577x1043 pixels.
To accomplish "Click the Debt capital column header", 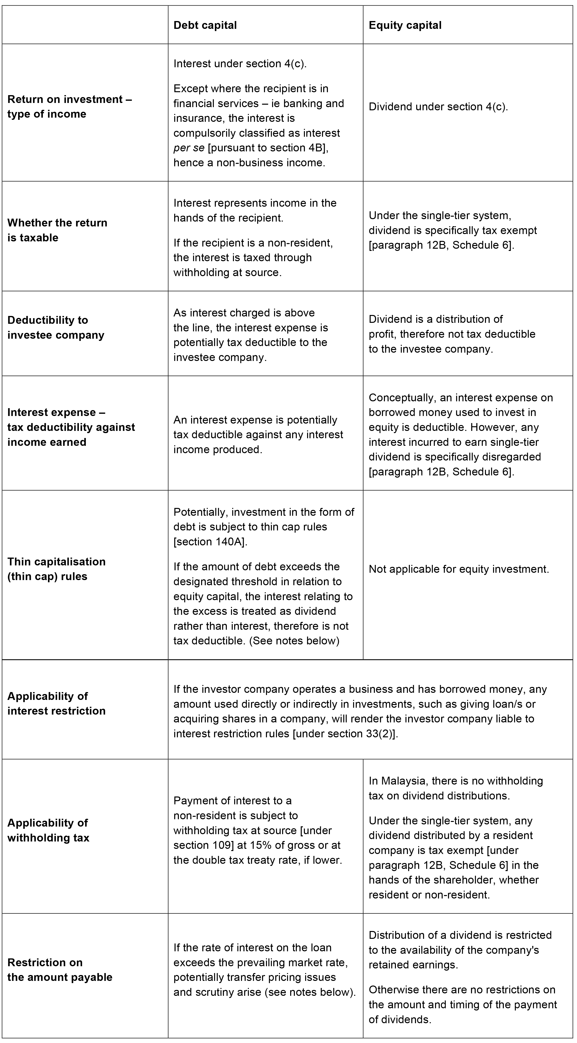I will tap(205, 25).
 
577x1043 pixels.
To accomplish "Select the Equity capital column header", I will tap(405, 25).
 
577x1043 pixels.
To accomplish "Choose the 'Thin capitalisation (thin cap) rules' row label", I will tap(56, 569).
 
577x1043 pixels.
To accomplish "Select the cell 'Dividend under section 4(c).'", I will tap(438, 106).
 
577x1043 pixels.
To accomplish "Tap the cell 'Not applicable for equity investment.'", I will tap(459, 569).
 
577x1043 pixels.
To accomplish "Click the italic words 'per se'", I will tap(189, 148).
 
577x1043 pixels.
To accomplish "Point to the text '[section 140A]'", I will tap(210, 541).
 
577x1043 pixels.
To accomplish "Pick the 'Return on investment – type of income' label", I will tap(69, 106).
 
